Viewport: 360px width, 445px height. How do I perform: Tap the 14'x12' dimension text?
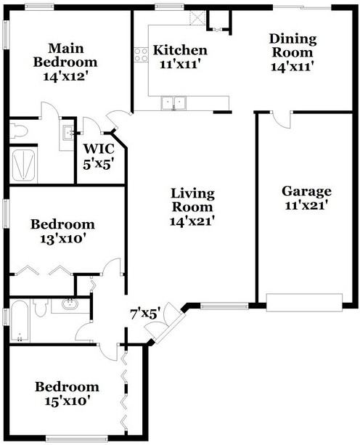point(60,75)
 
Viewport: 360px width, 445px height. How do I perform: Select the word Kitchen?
point(181,50)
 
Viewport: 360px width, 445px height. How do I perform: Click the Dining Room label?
point(291,46)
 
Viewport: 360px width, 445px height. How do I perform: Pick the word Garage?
point(306,192)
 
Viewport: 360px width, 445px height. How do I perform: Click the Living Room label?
point(192,200)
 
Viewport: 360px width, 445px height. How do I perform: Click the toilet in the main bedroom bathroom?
point(20,131)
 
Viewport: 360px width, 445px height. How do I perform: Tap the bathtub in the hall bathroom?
point(20,321)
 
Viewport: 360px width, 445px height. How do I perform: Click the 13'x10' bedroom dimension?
point(62,237)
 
